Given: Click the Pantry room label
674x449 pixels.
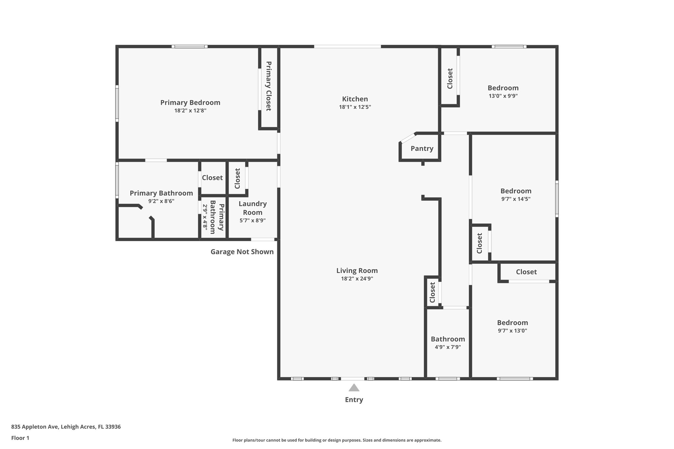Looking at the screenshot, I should click(x=422, y=148).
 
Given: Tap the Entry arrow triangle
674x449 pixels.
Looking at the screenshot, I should click(x=354, y=388).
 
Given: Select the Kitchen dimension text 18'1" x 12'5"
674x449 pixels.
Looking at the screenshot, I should click(x=355, y=107).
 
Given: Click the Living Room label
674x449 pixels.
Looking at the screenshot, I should click(x=357, y=271).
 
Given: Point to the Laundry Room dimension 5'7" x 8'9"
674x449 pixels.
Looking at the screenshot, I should click(x=252, y=220).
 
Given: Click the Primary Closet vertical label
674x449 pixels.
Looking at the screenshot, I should click(x=269, y=86).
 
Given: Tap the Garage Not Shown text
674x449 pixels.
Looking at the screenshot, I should click(x=242, y=252).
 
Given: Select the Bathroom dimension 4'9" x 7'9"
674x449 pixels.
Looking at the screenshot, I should click(x=448, y=347).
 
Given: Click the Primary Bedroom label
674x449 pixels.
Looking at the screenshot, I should click(x=190, y=103).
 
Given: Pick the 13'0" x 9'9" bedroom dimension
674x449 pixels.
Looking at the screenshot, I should click(x=503, y=96).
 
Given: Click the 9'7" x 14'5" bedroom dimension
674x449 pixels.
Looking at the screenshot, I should click(x=516, y=199).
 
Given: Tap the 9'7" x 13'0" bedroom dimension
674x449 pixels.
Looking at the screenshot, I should click(x=512, y=331).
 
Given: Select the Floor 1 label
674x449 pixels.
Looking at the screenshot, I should click(x=20, y=438).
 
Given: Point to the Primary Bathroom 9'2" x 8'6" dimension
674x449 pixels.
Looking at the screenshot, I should click(x=161, y=201).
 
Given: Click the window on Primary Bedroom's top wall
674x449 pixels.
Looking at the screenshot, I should click(x=190, y=47).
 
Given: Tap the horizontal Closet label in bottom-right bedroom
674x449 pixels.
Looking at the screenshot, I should click(x=526, y=272).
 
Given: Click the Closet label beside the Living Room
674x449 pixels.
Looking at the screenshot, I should click(x=432, y=292).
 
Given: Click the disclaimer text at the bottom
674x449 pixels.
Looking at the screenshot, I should click(x=337, y=440).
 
